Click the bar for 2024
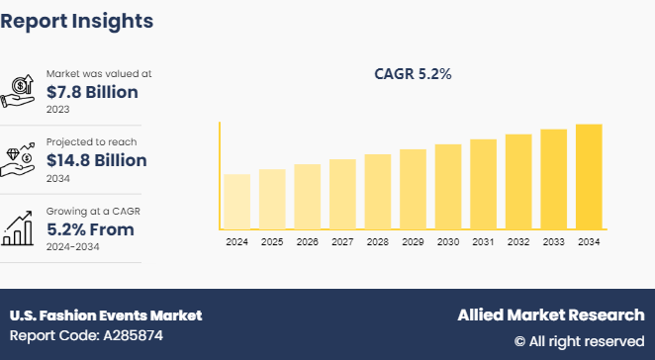237,202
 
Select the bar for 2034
589,177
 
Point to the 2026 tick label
308,242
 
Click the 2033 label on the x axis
553,242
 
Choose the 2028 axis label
378,242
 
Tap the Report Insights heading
77,21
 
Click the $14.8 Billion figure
97,160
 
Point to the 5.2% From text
90,229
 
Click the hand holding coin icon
22,90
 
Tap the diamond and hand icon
22,159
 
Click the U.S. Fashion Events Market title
106,315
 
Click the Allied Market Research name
550,315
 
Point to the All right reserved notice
579,341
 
